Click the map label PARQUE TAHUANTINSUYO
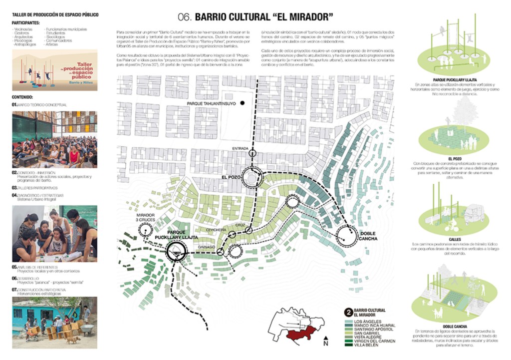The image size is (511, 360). [211, 104]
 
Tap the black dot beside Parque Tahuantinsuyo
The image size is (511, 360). [242, 103]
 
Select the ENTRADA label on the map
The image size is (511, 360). [241, 148]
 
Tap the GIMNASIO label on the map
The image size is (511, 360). [206, 247]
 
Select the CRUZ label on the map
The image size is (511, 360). [241, 225]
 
